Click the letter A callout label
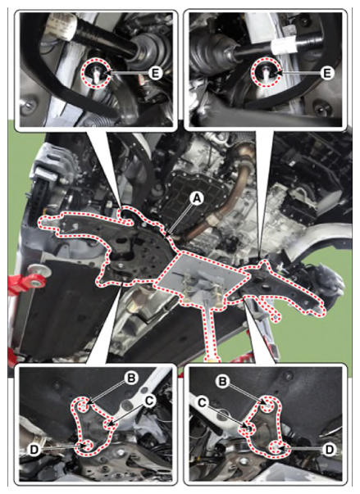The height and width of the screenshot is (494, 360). click(196, 199)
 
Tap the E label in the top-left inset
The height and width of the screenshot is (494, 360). click(155, 73)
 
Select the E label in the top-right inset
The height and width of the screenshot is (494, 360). click(327, 73)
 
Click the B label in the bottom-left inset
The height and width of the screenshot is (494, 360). click(131, 378)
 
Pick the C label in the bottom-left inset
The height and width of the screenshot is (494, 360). click(149, 400)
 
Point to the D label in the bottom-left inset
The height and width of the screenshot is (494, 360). click(34, 451)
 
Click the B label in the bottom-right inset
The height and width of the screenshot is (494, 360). click(223, 382)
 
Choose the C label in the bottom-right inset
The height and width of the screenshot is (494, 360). click(202, 402)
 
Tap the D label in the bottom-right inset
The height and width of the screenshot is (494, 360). click(329, 449)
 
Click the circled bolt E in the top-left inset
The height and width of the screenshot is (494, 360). click(96, 74)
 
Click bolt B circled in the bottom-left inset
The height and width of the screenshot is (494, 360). click(83, 406)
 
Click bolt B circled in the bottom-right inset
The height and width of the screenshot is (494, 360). click(269, 406)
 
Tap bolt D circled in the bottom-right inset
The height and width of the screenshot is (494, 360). click(277, 447)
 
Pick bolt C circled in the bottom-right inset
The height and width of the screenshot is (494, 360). click(249, 428)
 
